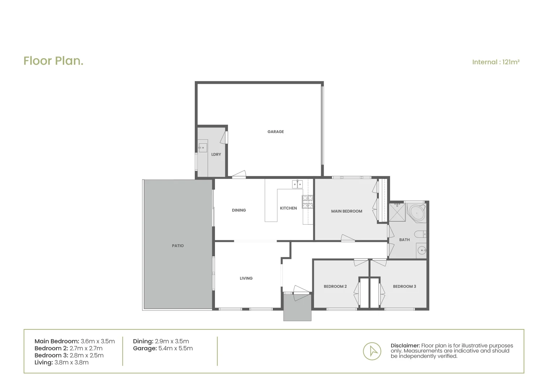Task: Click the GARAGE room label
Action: click(275, 132)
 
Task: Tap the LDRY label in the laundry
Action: click(216, 154)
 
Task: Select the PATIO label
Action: click(178, 246)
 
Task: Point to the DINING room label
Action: click(239, 210)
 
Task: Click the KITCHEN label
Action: click(288, 208)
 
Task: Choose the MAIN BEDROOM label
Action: click(346, 211)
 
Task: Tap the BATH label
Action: click(404, 240)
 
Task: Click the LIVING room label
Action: click(246, 278)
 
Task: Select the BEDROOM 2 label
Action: click(335, 286)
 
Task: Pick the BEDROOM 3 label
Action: click(404, 286)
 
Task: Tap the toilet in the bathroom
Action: click(420, 235)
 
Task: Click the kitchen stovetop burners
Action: click(307, 202)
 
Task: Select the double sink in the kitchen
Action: click(297, 184)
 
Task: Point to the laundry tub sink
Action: click(202, 148)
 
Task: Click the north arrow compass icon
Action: click(372, 351)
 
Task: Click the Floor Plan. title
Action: click(53, 61)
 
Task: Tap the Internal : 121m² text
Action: click(496, 62)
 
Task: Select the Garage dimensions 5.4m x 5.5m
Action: click(175, 348)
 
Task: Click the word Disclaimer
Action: click(405, 346)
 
